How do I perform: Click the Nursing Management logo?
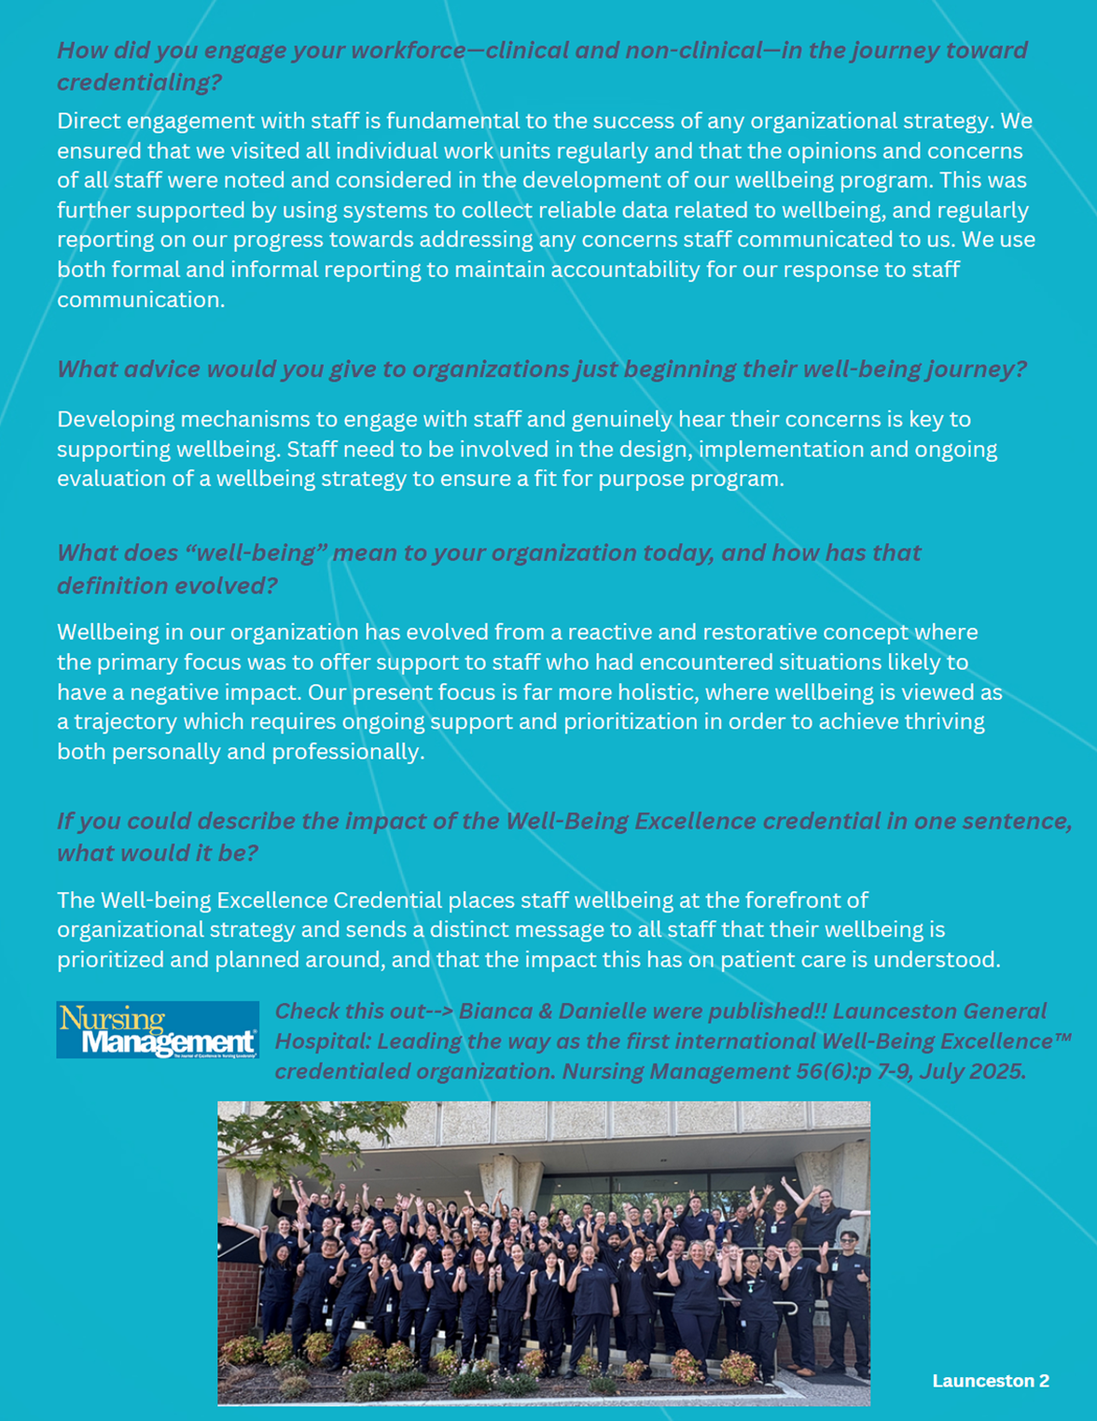158,1030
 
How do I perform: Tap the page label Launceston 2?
991,1381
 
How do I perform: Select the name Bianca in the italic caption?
495,1011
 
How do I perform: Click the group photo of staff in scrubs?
544,1253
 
